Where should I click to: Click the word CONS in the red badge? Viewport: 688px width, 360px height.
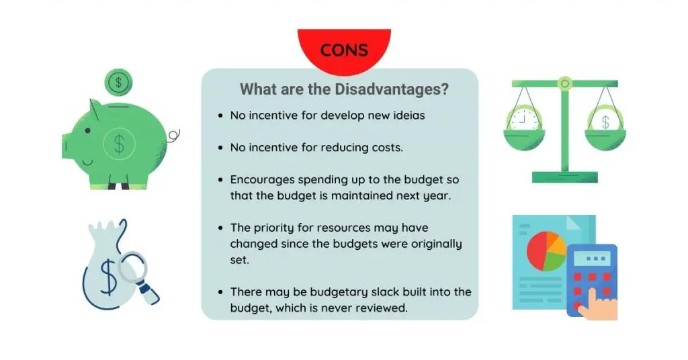[x=344, y=50]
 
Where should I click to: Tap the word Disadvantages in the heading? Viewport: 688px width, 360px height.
[x=392, y=89]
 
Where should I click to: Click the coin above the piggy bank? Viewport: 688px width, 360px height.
[x=118, y=83]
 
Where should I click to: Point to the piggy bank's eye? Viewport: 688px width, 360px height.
[x=88, y=131]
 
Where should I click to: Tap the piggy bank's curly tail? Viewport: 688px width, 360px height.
[x=173, y=136]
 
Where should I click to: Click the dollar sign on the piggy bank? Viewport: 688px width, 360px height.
[x=119, y=144]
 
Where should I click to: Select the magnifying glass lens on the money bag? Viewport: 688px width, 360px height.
[x=132, y=267]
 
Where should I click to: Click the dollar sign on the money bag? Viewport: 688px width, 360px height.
[x=108, y=277]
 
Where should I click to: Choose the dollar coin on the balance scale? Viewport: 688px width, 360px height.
[x=605, y=120]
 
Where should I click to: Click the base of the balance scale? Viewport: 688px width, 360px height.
[x=564, y=177]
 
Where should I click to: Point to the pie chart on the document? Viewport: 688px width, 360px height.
[x=546, y=251]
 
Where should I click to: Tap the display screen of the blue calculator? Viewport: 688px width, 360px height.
[x=592, y=259]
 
